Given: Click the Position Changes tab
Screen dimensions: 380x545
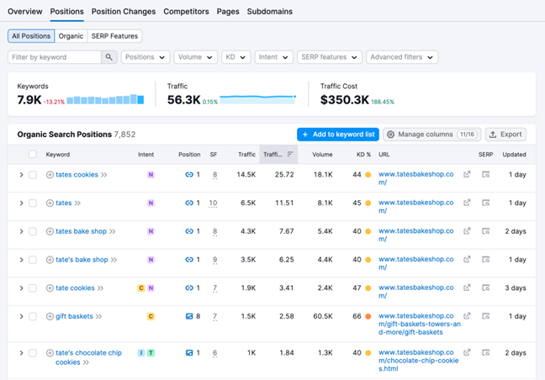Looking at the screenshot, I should pos(123,12).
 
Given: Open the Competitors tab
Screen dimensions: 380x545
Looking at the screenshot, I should pos(186,12).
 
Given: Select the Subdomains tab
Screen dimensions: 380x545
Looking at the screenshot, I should pos(269,12).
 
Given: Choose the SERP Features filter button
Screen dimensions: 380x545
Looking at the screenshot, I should pos(114,36).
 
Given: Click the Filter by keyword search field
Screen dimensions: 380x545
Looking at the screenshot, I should pos(55,57).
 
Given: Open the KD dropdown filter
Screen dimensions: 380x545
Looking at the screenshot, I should pos(235,57).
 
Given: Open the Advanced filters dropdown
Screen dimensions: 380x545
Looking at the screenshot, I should pos(402,57).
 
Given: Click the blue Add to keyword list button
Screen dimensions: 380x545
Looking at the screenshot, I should pos(337,135).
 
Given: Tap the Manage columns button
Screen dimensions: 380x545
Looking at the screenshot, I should pos(431,135).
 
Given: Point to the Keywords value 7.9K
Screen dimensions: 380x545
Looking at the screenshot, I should pos(29,100).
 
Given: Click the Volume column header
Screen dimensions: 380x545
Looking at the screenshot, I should pos(322,155).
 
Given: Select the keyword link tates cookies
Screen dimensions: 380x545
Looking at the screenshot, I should pos(77,175).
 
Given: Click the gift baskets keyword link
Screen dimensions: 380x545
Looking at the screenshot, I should pos(74,317).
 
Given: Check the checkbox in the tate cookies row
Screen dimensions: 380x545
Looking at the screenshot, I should pos(33,288).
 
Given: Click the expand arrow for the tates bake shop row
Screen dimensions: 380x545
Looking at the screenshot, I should pos(21,231).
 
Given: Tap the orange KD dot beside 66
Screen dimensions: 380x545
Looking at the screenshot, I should pos(368,317).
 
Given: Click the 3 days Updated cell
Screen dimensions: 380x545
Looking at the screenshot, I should pos(516,288).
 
